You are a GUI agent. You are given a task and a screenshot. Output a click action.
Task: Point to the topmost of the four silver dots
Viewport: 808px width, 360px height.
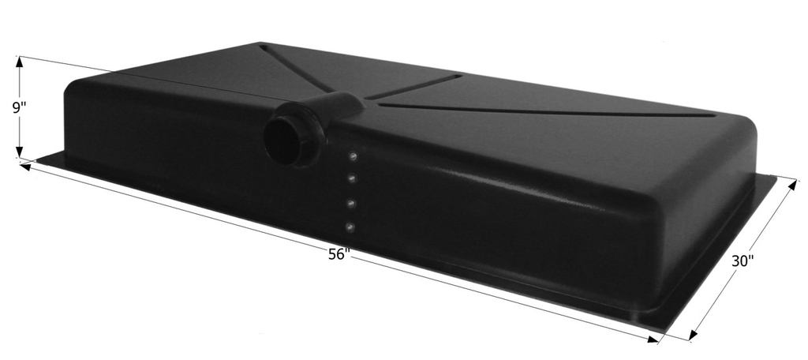(353, 156)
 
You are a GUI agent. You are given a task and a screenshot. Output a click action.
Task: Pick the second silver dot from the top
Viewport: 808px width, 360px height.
(351, 179)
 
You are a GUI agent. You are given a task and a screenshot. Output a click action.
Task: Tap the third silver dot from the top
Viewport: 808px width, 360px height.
(350, 204)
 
